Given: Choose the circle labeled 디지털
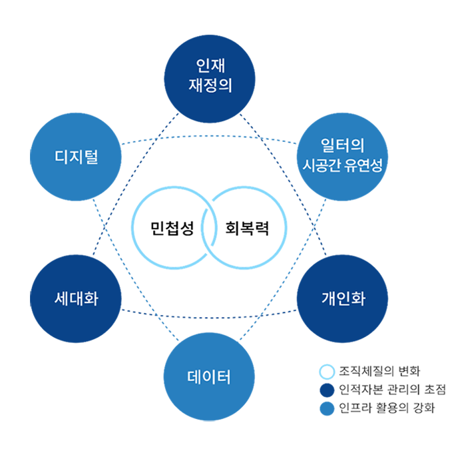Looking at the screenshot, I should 76,159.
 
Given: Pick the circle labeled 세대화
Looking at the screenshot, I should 76,298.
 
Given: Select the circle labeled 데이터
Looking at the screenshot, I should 209,378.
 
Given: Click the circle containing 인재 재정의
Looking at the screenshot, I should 210,76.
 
